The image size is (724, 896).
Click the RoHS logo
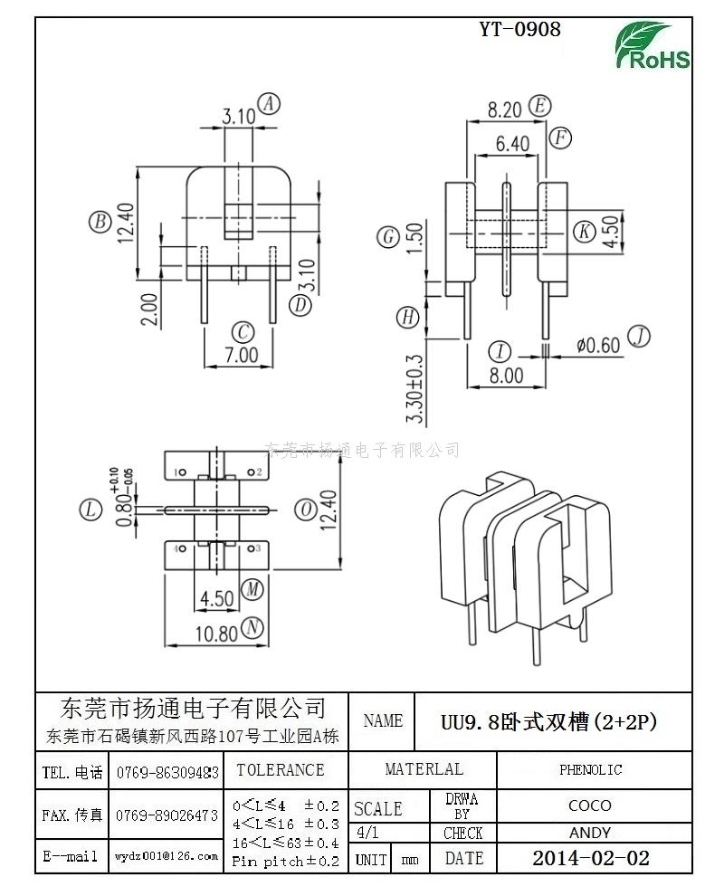tap(653, 45)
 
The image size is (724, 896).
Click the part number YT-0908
tap(519, 29)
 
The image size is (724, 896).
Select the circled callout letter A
tap(269, 104)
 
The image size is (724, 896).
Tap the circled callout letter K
tap(586, 231)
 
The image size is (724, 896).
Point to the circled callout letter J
tap(639, 337)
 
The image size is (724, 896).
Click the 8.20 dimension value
tap(505, 110)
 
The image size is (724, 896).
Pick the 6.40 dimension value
tap(512, 143)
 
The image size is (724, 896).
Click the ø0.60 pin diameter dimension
tap(598, 344)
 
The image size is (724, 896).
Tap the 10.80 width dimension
tap(217, 634)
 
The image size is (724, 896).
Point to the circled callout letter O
tap(307, 510)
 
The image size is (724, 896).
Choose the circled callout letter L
tap(90, 510)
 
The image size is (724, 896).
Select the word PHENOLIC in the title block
tap(590, 770)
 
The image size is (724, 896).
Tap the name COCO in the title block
tap(590, 805)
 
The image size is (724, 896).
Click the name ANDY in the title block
tap(590, 833)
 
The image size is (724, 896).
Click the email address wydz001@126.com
tap(167, 855)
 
